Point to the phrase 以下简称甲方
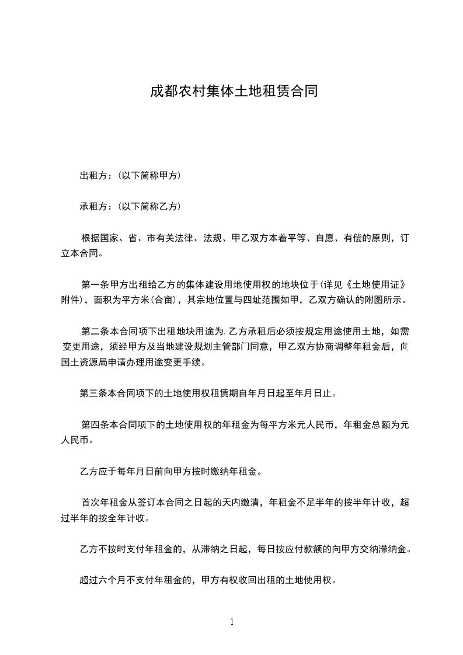[x=149, y=175]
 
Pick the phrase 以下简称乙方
[x=149, y=206]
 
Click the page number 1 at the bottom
[x=232, y=622]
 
